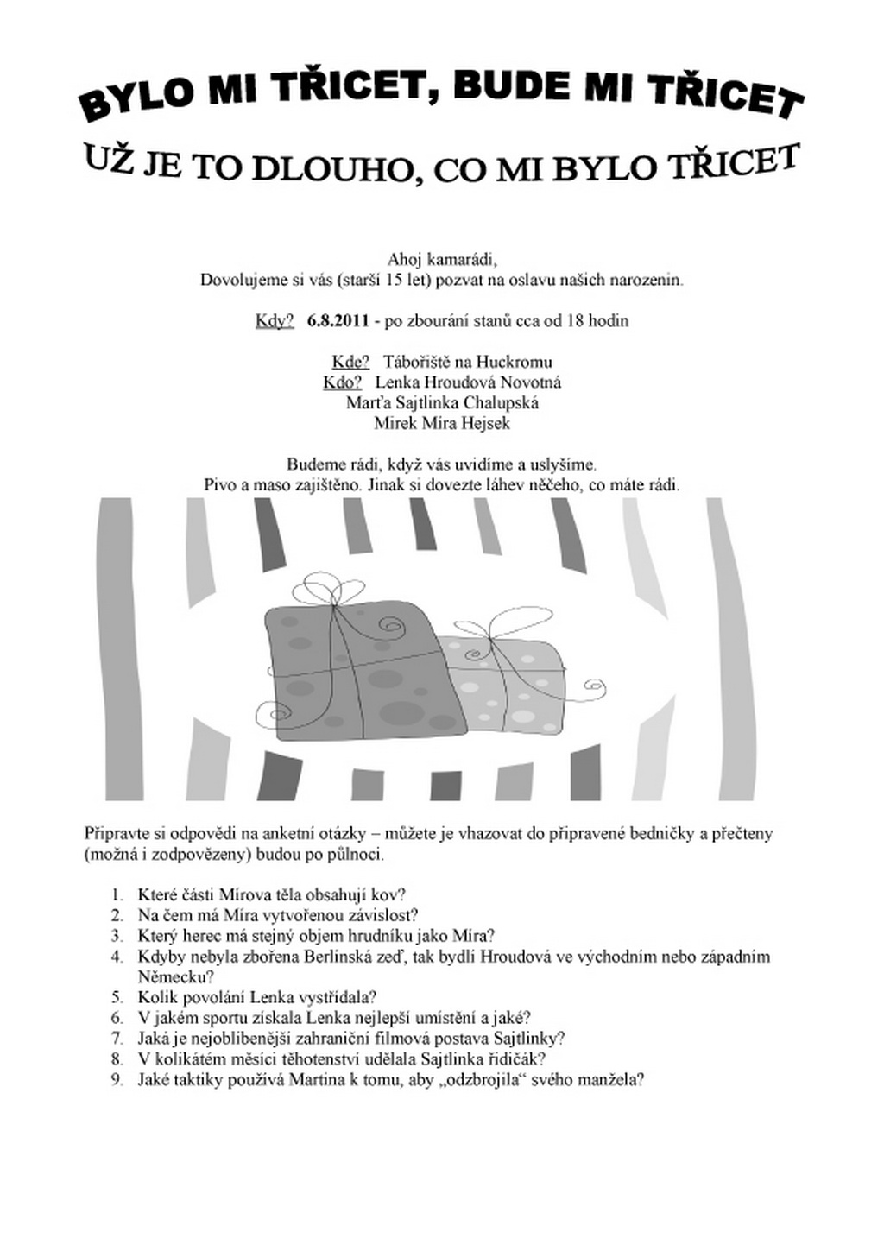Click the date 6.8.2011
[x=338, y=321]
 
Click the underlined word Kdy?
[x=275, y=321]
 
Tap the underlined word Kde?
[x=350, y=362]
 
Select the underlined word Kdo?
[x=343, y=382]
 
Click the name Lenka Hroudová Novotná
[x=468, y=382]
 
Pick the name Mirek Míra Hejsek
[x=442, y=423]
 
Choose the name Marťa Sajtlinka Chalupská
[x=442, y=402]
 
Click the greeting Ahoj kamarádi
[x=442, y=260]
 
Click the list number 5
[x=117, y=998]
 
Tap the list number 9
[x=117, y=1079]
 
